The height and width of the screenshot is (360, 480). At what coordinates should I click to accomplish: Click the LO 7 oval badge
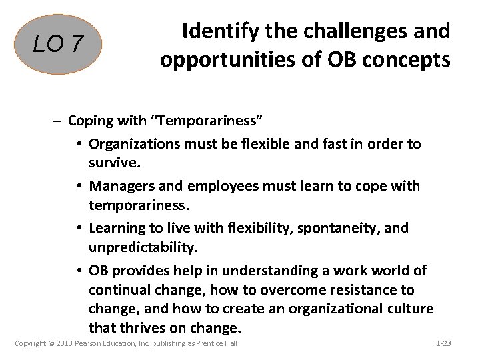58,44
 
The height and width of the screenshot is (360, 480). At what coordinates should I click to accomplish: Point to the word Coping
89,121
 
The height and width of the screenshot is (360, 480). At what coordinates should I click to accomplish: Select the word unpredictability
143,247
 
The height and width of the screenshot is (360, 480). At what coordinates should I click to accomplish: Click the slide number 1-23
443,344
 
